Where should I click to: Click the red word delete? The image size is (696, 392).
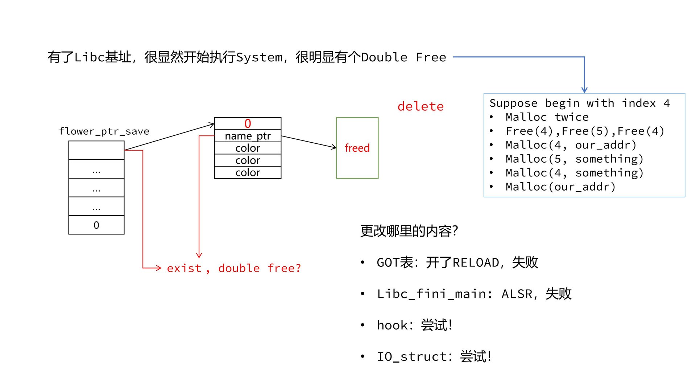point(420,106)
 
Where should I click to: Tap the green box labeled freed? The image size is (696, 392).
point(357,148)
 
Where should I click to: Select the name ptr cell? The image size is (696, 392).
point(248,136)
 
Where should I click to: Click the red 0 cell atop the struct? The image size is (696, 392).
point(248,123)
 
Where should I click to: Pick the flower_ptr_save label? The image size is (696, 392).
point(104,131)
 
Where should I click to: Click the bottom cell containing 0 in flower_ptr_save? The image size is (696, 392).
point(96,225)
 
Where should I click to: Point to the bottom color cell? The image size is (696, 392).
point(248,172)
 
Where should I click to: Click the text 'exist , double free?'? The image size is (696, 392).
point(234,268)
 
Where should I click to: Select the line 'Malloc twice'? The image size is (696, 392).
point(547,117)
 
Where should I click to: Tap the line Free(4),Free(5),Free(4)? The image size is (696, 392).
point(585,131)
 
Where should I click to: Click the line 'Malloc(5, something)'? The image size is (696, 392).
point(575,159)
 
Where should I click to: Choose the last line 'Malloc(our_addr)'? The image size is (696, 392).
point(560,187)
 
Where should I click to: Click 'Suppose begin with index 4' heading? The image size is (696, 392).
point(579,103)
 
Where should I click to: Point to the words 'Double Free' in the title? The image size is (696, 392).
point(403,57)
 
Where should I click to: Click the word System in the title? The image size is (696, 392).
point(259,57)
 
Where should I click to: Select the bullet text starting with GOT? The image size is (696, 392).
point(457,262)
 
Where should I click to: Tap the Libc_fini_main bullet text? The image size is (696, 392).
point(474,294)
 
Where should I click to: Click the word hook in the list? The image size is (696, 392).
point(393,325)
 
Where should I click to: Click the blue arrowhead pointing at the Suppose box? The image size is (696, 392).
point(584,90)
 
